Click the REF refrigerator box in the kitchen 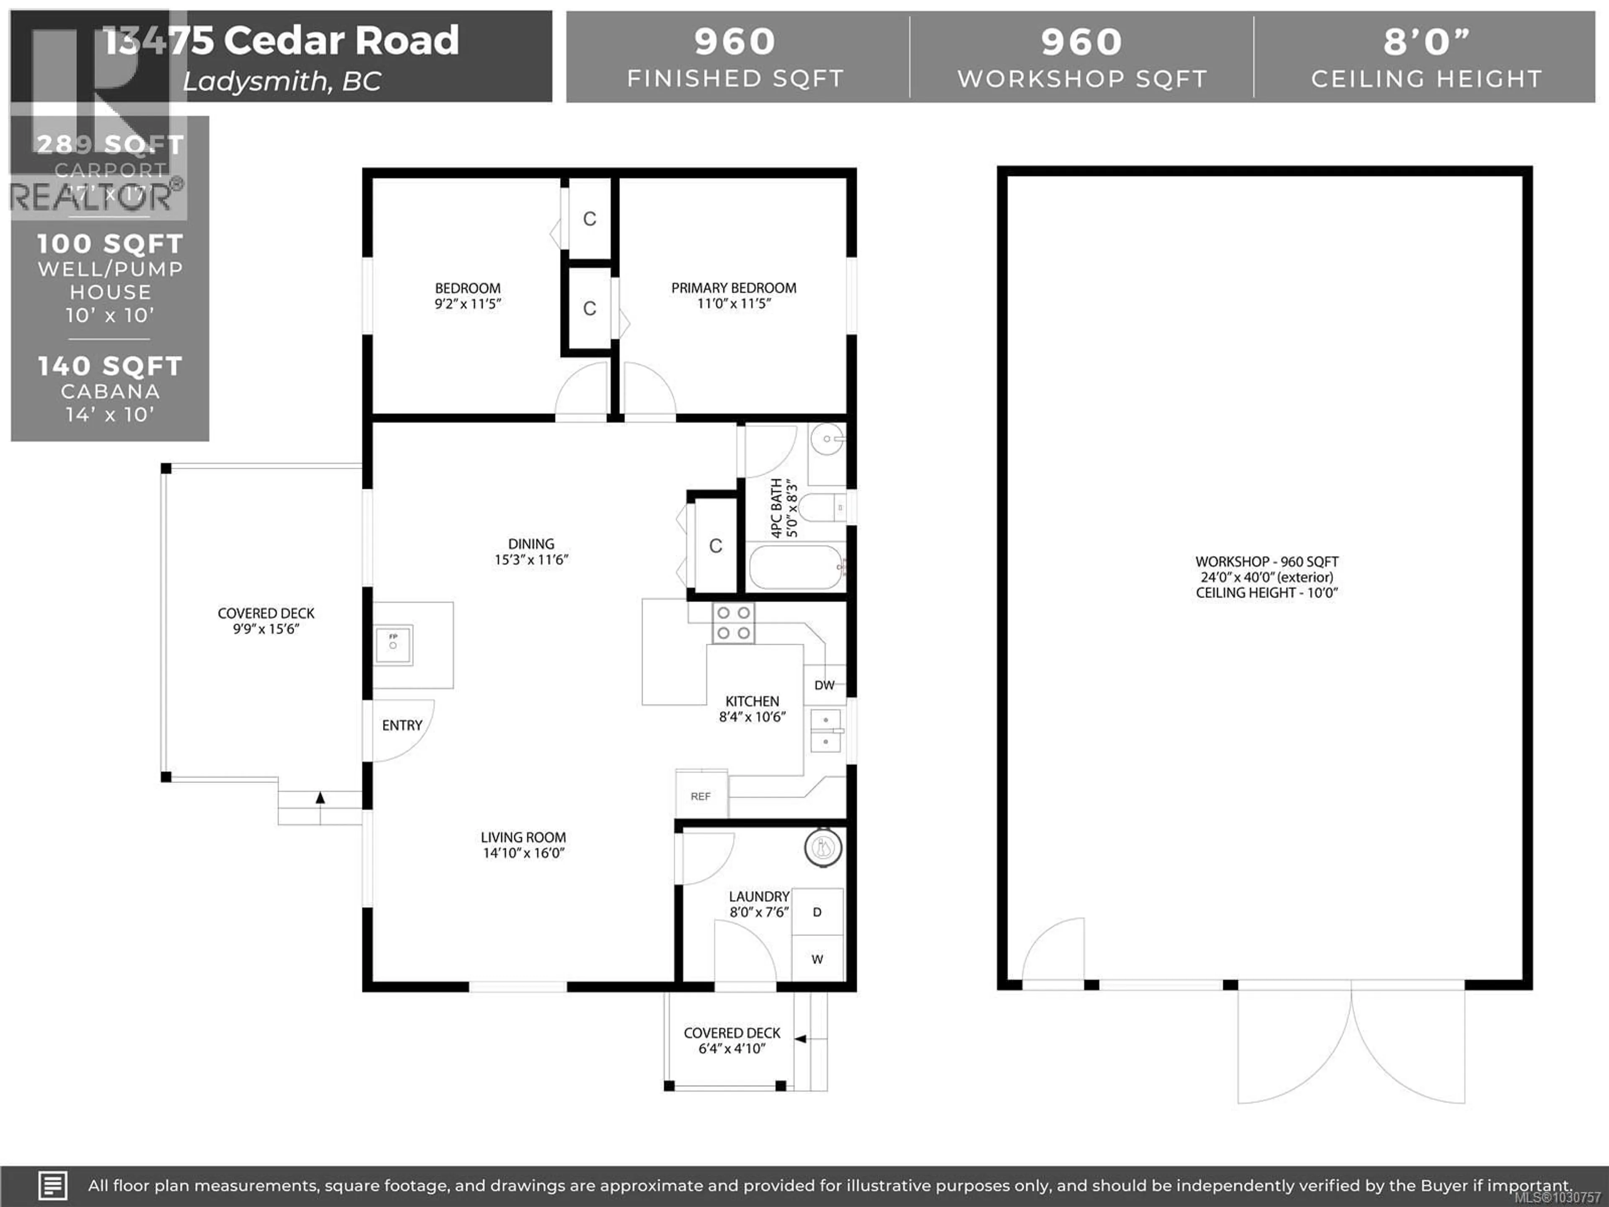[701, 795]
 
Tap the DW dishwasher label [824, 685]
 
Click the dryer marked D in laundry [817, 912]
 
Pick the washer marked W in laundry [817, 959]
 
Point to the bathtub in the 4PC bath [797, 567]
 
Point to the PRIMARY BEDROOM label [733, 288]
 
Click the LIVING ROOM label [523, 837]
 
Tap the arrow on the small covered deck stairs [801, 1039]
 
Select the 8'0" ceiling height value [1426, 42]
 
